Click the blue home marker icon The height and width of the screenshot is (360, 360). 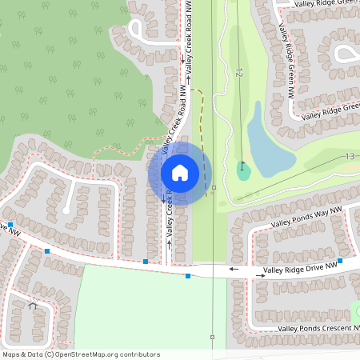coord(180,172)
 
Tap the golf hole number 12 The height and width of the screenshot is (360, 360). coord(238,73)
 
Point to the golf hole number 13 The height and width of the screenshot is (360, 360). coord(350,156)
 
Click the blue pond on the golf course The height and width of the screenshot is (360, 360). coord(269,145)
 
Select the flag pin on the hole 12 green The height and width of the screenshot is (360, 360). coord(242,167)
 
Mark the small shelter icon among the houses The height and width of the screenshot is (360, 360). coord(33,305)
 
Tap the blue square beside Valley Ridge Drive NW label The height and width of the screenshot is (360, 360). coord(340,261)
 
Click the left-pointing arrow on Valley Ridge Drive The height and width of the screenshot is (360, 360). coord(234,270)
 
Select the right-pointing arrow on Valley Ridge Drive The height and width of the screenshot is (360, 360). coord(260,274)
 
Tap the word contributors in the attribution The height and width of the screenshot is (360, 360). coord(141,354)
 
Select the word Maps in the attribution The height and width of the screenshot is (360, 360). coord(11,354)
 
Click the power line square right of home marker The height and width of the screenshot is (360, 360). coord(213,188)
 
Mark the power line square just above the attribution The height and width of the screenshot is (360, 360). coord(212,337)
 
